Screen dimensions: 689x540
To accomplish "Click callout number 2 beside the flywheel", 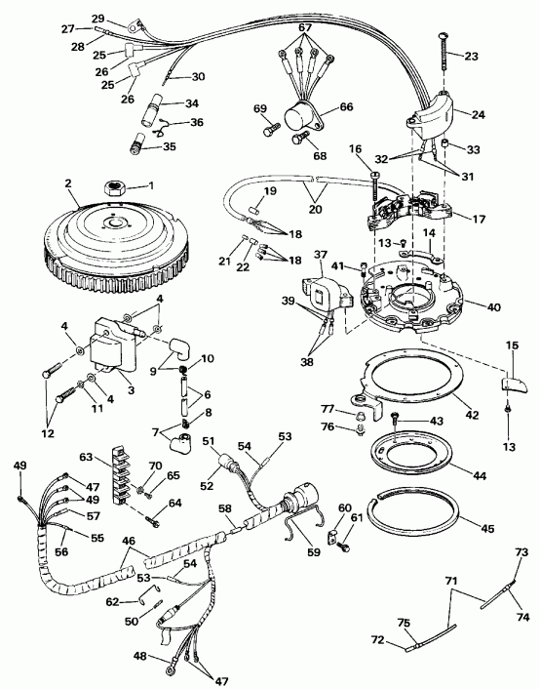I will pos(68,182).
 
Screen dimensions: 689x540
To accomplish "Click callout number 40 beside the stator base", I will pos(494,307).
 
